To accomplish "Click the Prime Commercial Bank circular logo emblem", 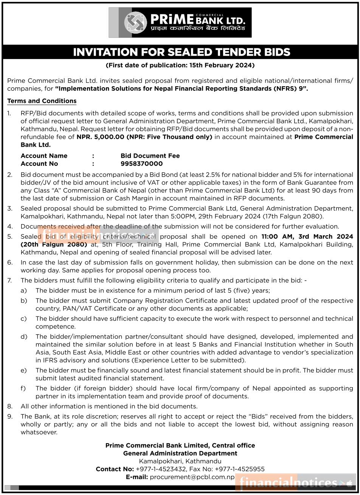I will point(135,23).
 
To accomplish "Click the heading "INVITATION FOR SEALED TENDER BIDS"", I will point(182,52).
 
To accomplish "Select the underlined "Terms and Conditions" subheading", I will point(42,101).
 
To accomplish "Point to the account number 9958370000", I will point(141,164).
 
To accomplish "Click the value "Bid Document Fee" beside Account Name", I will point(150,156).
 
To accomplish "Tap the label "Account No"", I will point(39,164).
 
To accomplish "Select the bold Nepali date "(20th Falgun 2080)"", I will point(54,244).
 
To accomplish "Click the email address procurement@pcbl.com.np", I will point(192,477).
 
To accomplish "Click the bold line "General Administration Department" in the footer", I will point(180,453).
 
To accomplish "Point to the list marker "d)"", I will point(24,337).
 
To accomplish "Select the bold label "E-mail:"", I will point(137,477).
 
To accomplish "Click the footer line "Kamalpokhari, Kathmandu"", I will point(180,461).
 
